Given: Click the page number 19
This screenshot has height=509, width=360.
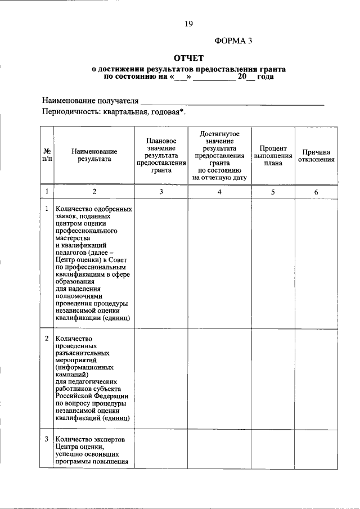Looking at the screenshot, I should coord(189,24).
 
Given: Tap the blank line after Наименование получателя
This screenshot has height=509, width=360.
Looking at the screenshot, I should coord(232,102).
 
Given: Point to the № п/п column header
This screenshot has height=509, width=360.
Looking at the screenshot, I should coord(47,155).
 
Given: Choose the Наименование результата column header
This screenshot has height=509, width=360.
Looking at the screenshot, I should coord(94,155).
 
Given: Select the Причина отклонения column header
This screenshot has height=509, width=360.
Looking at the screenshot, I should coord(316,155).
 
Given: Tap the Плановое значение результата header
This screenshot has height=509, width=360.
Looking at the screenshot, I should coord(161,155).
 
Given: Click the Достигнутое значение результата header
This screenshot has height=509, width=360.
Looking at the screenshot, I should coord(219,155).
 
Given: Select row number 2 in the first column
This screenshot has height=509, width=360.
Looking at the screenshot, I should coord(47,339).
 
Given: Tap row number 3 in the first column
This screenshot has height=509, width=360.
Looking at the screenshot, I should coord(47,439).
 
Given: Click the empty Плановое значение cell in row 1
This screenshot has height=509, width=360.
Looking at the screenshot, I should coord(161,264).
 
